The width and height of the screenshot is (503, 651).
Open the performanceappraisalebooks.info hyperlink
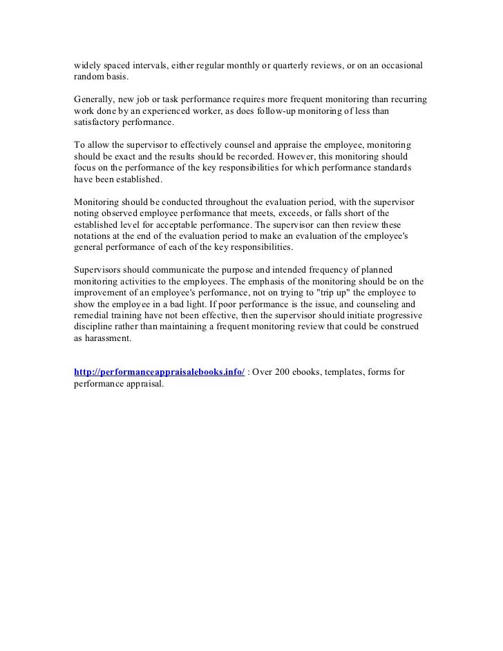click(159, 372)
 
